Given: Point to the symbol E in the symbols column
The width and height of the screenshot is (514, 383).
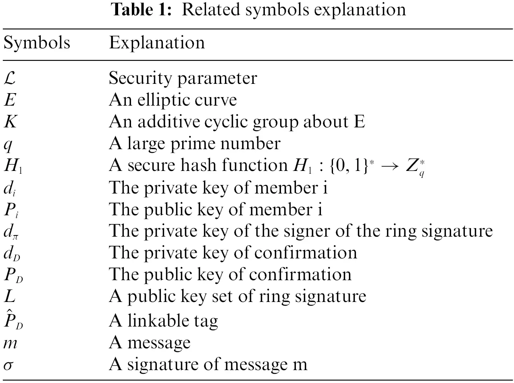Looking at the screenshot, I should (x=9, y=100).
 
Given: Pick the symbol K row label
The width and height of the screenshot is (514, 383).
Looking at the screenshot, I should (x=10, y=121).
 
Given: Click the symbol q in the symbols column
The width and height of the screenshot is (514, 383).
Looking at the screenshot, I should (x=8, y=144).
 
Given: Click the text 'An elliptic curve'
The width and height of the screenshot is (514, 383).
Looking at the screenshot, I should (x=173, y=100).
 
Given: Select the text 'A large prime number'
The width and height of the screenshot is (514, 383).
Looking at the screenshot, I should (x=194, y=144).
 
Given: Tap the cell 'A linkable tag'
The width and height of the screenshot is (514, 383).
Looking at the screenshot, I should (x=163, y=321).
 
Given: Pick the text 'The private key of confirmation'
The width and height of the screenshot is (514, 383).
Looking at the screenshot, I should (x=233, y=253).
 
